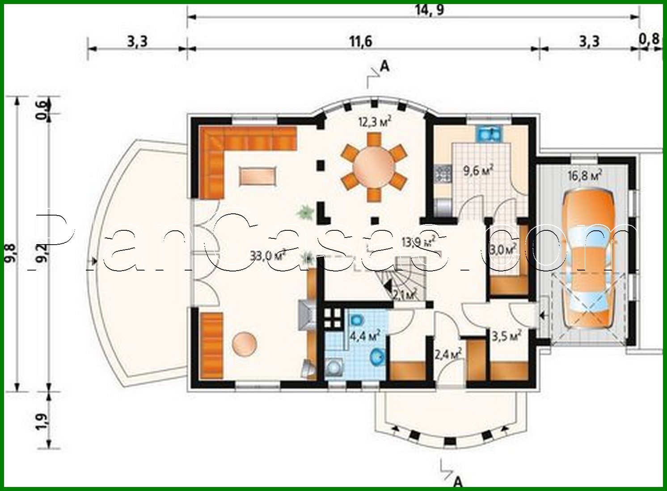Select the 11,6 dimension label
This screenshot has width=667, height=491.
click(x=360, y=42)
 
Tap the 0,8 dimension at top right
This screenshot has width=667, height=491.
click(x=649, y=39)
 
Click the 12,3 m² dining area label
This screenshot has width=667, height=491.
click(x=375, y=121)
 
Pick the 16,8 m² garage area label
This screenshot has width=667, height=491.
click(x=584, y=175)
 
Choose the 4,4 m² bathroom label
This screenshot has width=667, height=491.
click(x=364, y=335)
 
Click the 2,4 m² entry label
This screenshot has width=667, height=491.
click(x=448, y=355)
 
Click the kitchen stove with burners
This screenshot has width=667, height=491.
click(x=442, y=174)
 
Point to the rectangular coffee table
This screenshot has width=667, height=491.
click(x=258, y=175)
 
